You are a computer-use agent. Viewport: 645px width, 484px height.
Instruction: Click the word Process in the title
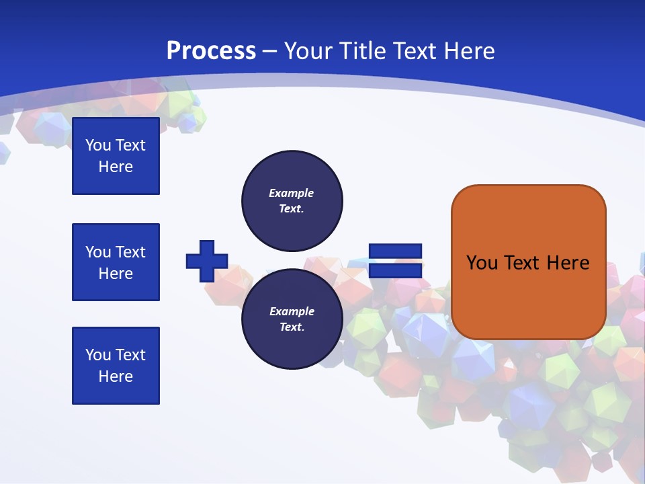point(211,51)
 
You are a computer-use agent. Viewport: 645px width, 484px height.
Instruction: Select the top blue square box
point(116,156)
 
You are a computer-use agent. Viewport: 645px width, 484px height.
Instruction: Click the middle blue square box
point(116,262)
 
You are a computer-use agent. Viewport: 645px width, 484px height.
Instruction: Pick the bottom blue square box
point(116,366)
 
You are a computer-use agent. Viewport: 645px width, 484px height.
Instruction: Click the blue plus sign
point(207,261)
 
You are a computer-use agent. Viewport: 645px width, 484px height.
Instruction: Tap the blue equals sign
point(395,261)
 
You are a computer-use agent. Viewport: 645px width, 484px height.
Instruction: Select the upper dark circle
point(292,200)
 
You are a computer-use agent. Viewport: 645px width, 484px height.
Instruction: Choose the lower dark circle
point(292,319)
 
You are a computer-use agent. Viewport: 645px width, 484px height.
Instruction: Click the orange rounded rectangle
point(528,262)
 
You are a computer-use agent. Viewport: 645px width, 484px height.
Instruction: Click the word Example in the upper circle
point(292,193)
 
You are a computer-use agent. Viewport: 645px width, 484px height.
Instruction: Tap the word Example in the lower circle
point(292,311)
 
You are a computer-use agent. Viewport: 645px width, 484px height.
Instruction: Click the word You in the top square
point(98,145)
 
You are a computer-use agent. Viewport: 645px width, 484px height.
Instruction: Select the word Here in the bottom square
point(116,376)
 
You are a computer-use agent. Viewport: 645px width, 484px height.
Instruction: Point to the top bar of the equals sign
point(395,251)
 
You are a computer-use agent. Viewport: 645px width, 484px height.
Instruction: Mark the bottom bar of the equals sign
point(395,270)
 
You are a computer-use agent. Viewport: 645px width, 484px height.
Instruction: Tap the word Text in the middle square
point(130,252)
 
